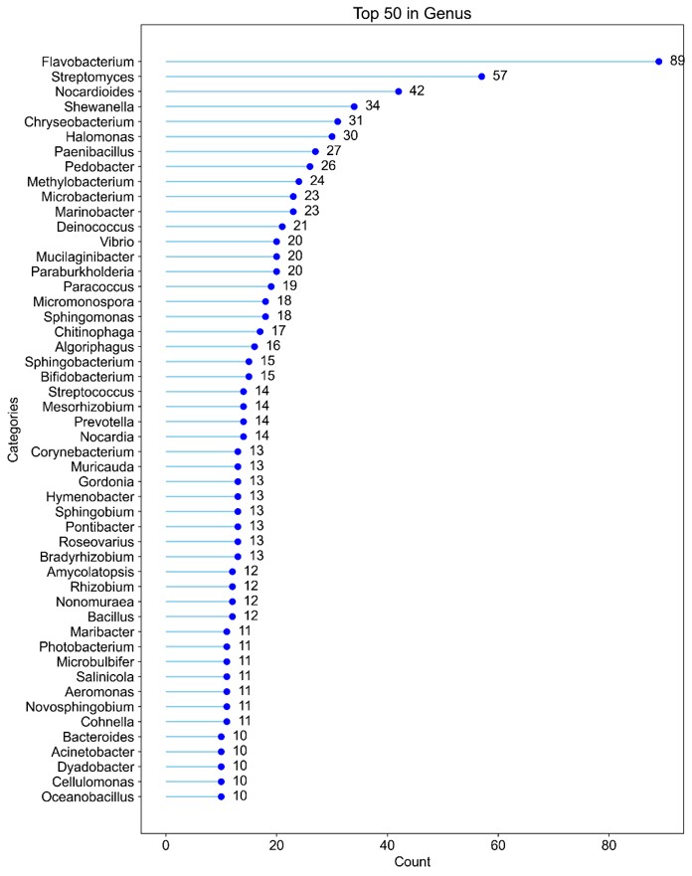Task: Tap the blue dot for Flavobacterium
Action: [x=658, y=62]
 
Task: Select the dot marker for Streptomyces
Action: [x=481, y=77]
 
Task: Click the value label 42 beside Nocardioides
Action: [x=417, y=91]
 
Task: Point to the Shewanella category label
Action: [x=98, y=106]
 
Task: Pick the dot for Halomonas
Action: [x=332, y=136]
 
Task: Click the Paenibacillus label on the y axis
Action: [x=92, y=151]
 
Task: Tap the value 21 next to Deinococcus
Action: [x=300, y=227]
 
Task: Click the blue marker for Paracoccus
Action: [x=271, y=286]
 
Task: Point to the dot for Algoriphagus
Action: [x=255, y=346]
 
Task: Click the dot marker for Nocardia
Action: [x=244, y=437]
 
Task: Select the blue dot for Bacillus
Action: [x=233, y=616]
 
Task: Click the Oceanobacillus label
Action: [x=87, y=796]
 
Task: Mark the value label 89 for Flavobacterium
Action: [x=677, y=62]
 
